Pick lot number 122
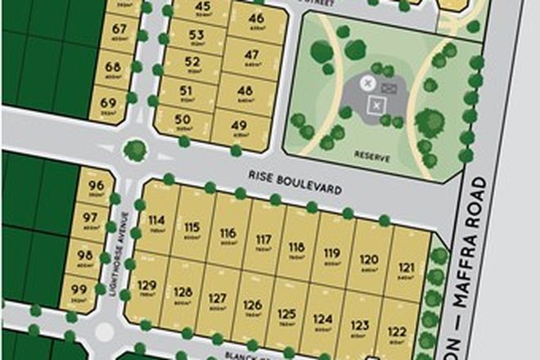tap(397, 331)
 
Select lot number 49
tap(239, 125)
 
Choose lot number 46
tap(256, 19)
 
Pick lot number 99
tap(79, 289)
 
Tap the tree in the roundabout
tap(135, 151)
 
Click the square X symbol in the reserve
tap(376, 104)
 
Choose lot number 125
tap(286, 313)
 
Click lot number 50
tap(183, 119)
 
